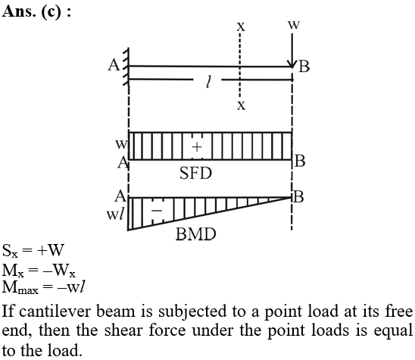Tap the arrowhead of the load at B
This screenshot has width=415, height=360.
click(292, 64)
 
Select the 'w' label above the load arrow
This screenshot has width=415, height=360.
click(294, 25)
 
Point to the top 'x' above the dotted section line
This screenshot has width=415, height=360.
click(241, 27)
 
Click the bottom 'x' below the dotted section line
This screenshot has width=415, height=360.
click(241, 105)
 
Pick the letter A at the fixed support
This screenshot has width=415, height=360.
click(114, 65)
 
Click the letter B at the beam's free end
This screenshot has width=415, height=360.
click(304, 67)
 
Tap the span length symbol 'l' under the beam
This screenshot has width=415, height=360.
click(209, 82)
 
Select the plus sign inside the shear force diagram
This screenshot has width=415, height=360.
click(197, 146)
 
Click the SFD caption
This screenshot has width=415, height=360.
click(195, 174)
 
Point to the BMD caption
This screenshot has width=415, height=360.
click(195, 234)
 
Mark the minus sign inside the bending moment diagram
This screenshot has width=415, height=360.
click(157, 211)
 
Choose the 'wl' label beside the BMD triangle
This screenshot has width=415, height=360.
click(115, 214)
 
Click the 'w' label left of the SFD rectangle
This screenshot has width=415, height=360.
click(121, 144)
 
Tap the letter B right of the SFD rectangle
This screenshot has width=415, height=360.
click(300, 161)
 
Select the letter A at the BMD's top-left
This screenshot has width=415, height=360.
click(120, 196)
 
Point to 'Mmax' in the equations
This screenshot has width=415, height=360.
click(20, 287)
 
